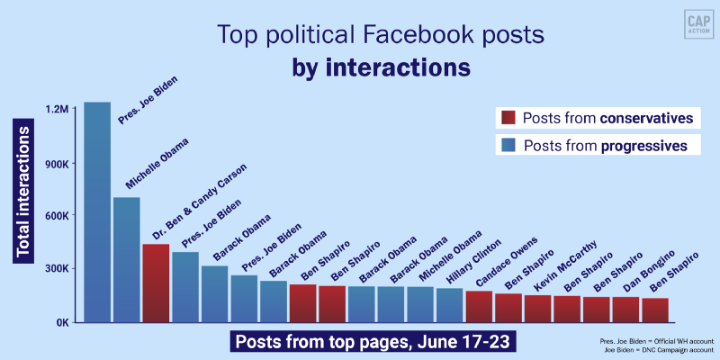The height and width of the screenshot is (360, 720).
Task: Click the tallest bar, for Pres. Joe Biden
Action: [97, 211]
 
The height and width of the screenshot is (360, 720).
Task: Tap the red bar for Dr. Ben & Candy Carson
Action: [156, 283]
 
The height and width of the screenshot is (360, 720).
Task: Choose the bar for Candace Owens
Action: [479, 306]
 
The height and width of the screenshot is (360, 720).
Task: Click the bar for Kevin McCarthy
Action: [537, 308]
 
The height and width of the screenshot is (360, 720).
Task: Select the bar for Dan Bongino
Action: [625, 309]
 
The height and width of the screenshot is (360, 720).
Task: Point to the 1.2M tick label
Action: [57, 109]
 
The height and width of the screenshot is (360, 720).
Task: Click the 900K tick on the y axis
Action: [55, 163]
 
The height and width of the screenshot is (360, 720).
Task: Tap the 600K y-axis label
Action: [55, 216]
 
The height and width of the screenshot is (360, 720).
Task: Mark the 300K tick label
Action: [55, 269]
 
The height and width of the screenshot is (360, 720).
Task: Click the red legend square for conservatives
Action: [508, 118]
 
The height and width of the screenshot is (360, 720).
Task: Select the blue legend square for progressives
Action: [508, 145]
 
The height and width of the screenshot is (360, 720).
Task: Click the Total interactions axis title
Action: [24, 194]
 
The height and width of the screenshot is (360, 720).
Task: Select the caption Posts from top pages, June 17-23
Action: [375, 343]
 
